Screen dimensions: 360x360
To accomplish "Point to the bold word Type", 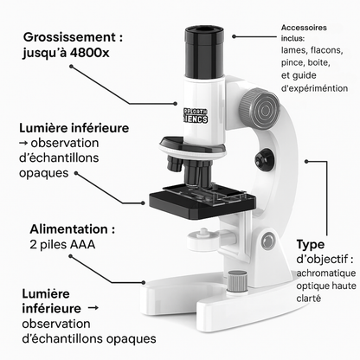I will pyautogui.click(x=312, y=244).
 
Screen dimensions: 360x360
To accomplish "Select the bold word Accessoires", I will pyautogui.click(x=305, y=27).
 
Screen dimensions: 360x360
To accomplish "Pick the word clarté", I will pyautogui.click(x=308, y=299).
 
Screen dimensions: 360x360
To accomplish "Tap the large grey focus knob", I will pyautogui.click(x=260, y=107).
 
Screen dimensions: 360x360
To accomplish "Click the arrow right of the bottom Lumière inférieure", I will pyautogui.click(x=93, y=307).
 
